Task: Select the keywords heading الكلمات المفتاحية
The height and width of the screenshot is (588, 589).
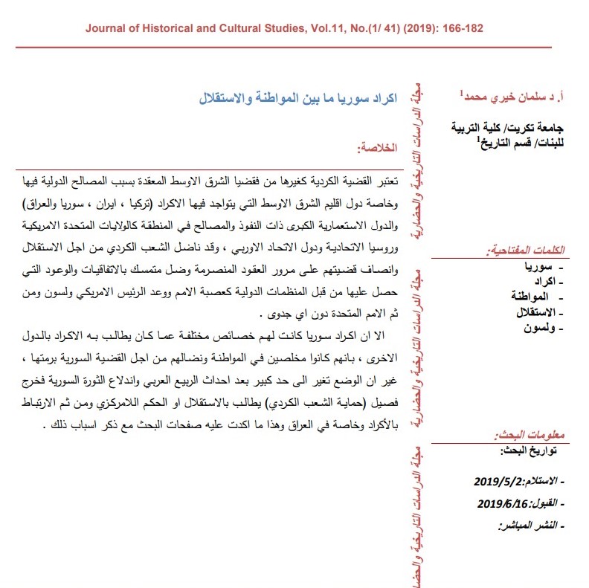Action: point(520,250)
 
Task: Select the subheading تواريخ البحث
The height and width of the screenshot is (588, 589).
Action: point(527,451)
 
